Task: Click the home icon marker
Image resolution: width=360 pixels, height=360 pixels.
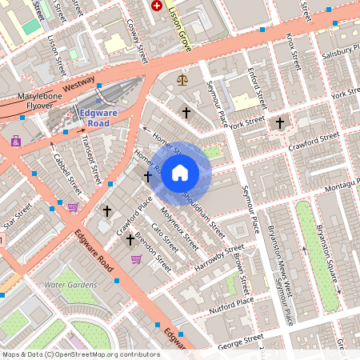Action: tap(180, 173)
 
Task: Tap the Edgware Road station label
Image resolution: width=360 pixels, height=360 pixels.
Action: tap(99, 118)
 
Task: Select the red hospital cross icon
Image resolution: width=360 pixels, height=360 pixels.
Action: tap(157, 6)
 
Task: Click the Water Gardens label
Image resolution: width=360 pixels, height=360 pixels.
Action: tap(70, 285)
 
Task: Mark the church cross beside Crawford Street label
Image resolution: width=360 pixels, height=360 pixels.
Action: tap(279, 123)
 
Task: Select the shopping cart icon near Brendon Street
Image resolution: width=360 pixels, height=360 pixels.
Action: tap(136, 259)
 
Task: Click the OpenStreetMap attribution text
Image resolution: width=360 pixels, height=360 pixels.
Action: tap(81, 354)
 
